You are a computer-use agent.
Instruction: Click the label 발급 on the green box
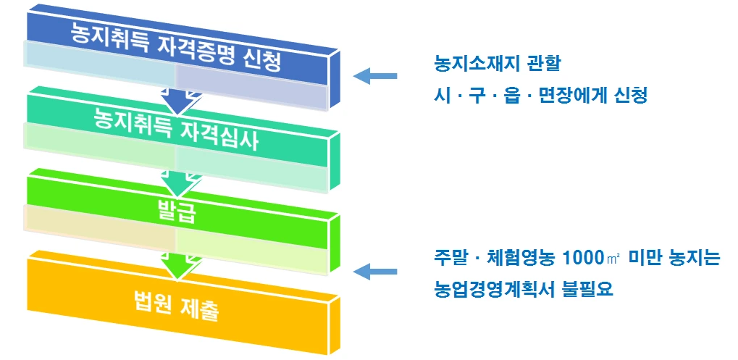pyautogui.click(x=178, y=212)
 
